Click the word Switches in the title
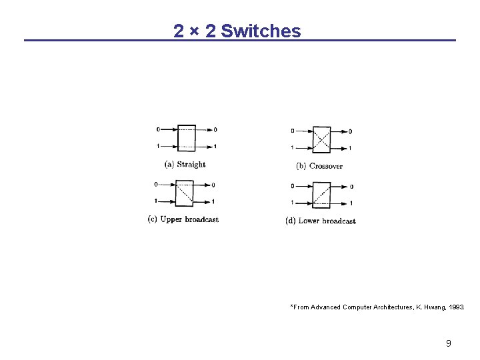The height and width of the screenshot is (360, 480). coord(261,31)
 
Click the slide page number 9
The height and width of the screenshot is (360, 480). coord(449,343)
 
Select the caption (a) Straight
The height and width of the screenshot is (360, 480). coord(185,164)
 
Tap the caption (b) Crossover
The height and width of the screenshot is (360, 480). coord(319,165)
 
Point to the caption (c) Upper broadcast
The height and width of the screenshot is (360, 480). coord(183,219)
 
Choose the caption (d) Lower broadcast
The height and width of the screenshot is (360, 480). coord(321,221)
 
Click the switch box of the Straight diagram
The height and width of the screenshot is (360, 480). coord(187,138)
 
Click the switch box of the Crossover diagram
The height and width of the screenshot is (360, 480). coord(321,139)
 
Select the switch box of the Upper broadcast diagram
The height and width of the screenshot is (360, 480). coord(184,193)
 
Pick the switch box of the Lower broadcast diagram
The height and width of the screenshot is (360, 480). coord(321,194)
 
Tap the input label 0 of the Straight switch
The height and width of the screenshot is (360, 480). coord(158,129)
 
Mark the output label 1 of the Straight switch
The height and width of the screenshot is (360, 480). coord(215,147)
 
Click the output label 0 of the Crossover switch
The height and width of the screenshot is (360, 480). coord(351,131)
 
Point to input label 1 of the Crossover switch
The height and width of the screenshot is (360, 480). coord(292,148)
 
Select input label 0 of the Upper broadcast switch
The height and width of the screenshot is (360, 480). coord(156,184)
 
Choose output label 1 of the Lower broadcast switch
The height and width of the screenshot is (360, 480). coord(351,203)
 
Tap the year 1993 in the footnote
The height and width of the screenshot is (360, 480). coord(455,307)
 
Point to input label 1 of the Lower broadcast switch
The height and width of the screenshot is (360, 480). coord(292,203)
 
